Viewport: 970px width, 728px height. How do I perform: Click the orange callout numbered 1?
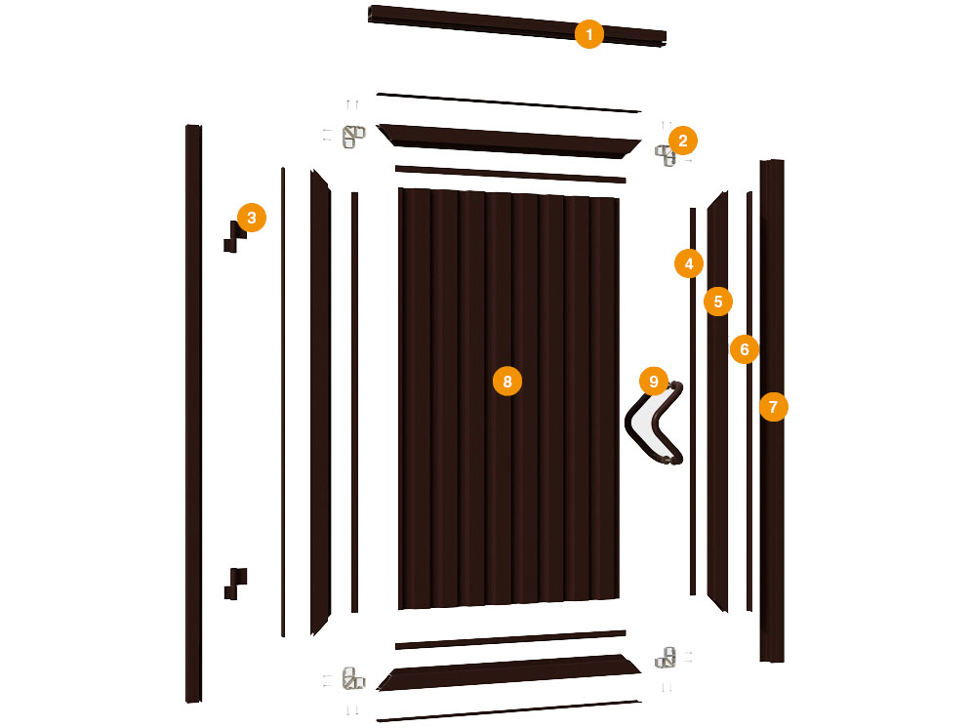tap(589, 34)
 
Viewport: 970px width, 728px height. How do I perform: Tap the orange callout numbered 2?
tap(682, 142)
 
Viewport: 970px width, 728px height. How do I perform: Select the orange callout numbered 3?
tap(251, 218)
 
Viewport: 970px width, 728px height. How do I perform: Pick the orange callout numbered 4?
tap(689, 264)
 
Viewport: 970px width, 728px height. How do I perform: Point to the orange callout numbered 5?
tap(718, 302)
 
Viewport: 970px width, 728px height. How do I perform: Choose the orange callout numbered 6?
tap(745, 349)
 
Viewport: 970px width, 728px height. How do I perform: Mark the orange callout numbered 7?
tap(773, 406)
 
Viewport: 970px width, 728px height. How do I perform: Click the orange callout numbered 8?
tap(507, 381)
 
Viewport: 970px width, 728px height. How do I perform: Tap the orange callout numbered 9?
tap(654, 382)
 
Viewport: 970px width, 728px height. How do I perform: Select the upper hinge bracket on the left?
tap(234, 237)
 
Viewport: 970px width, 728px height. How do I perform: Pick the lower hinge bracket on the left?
tap(234, 584)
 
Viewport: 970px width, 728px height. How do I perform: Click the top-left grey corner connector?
tap(353, 137)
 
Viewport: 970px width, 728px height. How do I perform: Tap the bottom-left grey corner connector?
tap(353, 678)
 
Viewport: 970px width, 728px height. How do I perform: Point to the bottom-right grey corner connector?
tap(666, 658)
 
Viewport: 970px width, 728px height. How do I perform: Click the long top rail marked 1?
tap(517, 26)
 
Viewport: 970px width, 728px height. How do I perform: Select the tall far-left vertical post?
tap(193, 414)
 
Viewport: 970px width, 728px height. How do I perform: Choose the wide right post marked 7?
tap(772, 411)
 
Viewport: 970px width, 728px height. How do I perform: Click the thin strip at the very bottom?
tap(508, 711)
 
